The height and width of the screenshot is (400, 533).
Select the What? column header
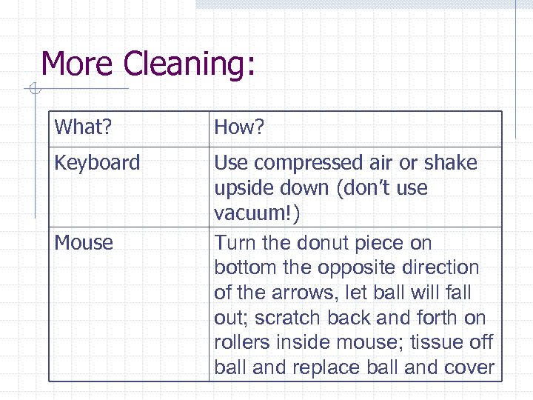tap(82, 128)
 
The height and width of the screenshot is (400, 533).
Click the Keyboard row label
tap(97, 163)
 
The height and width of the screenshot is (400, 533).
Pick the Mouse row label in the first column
tap(84, 243)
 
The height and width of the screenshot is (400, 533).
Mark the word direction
tap(440, 268)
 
